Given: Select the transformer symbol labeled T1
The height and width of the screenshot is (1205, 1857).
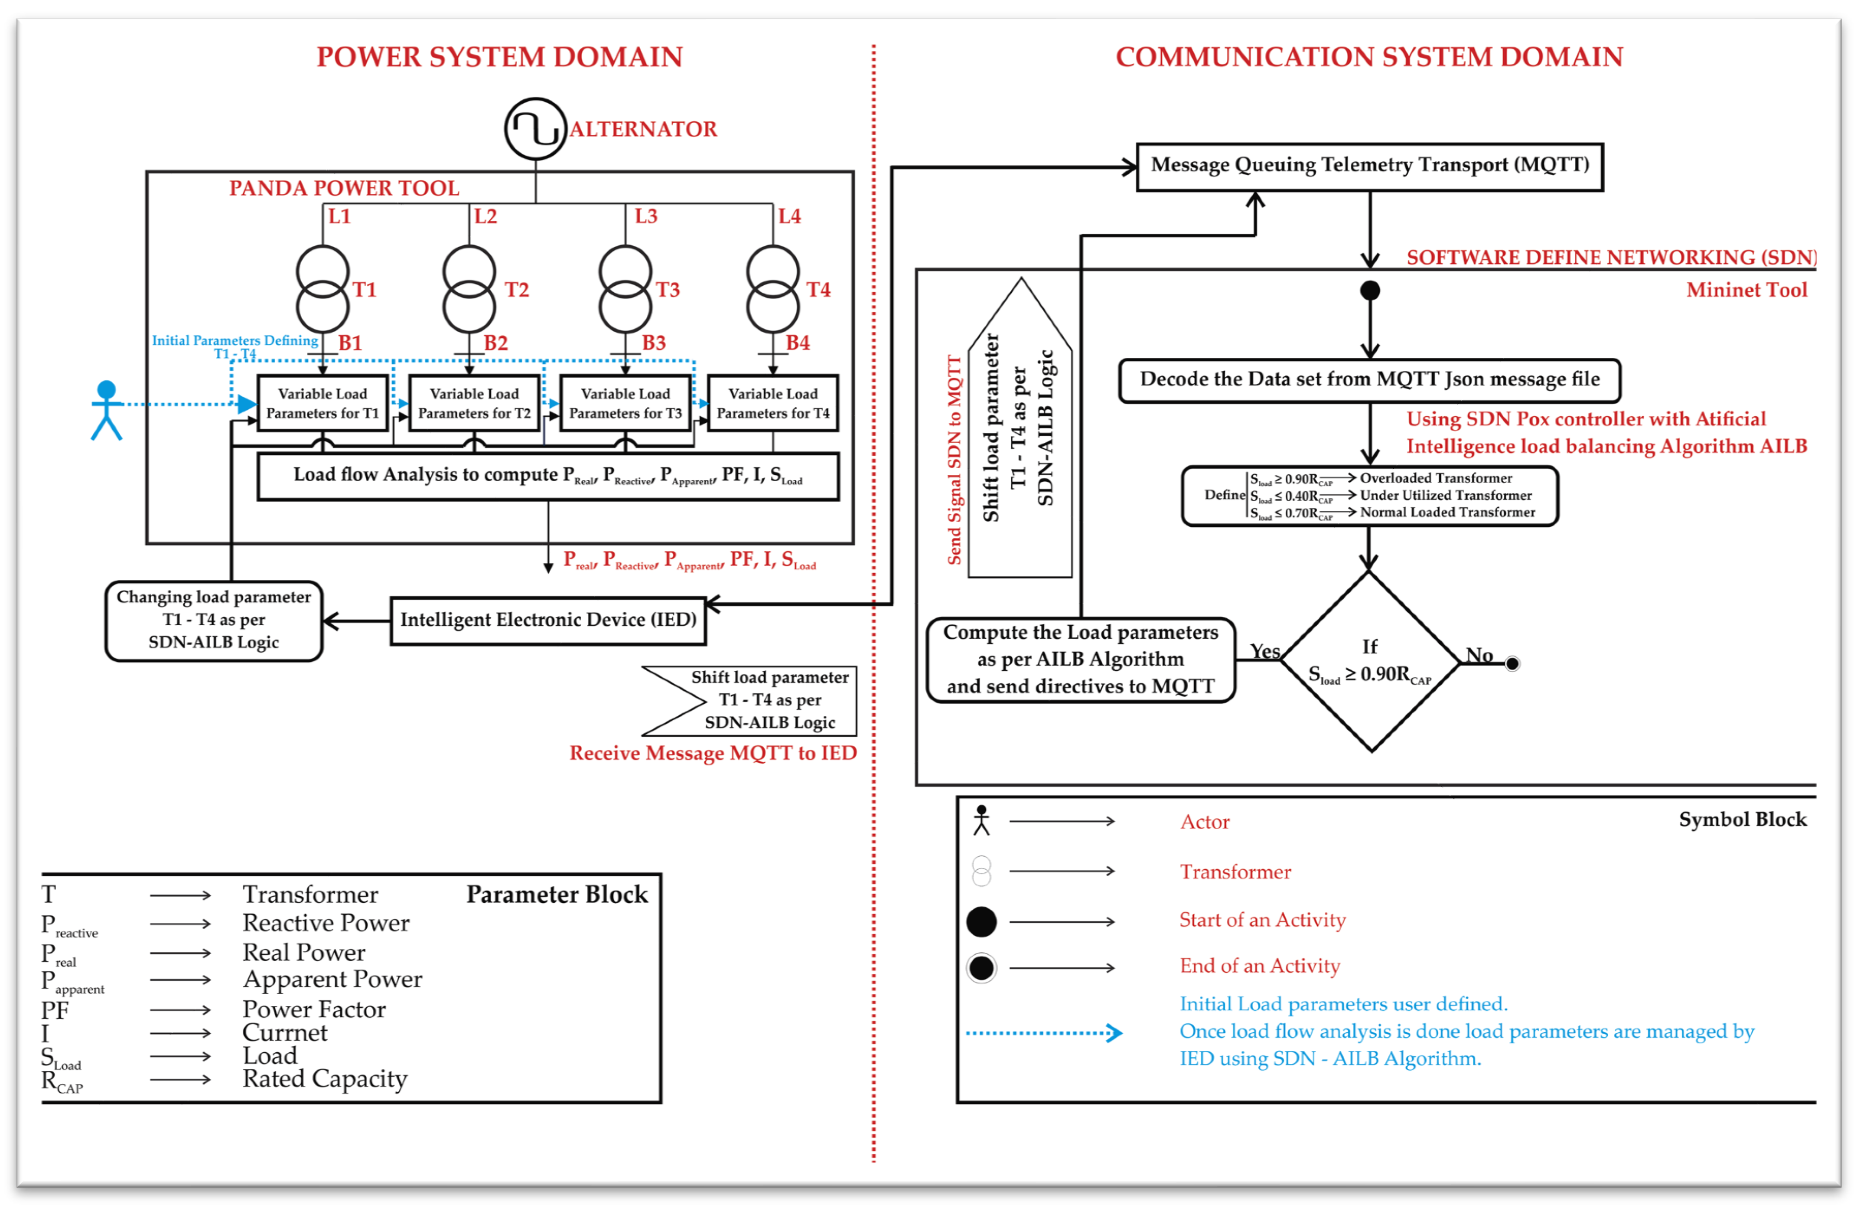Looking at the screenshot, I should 322,289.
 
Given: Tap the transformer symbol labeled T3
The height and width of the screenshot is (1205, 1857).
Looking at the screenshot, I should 625,289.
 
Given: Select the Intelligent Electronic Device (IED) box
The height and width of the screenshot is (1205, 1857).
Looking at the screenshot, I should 548,620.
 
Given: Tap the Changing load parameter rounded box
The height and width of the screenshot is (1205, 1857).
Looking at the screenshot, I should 214,620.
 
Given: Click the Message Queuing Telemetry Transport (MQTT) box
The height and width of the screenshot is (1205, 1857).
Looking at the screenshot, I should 1369,166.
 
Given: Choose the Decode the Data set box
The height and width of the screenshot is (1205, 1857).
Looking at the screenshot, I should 1369,380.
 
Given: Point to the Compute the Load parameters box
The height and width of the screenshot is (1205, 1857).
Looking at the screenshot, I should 1081,660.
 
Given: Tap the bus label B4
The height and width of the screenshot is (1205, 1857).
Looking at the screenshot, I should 798,343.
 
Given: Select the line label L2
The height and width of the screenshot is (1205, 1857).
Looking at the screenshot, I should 485,216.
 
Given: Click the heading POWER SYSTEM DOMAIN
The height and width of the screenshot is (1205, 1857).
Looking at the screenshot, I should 499,57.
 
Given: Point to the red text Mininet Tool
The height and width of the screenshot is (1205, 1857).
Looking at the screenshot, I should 1746,291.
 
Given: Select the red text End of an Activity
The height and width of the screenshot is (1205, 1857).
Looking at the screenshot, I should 1259,966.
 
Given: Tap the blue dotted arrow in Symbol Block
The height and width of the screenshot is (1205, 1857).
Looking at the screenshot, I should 1044,1033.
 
